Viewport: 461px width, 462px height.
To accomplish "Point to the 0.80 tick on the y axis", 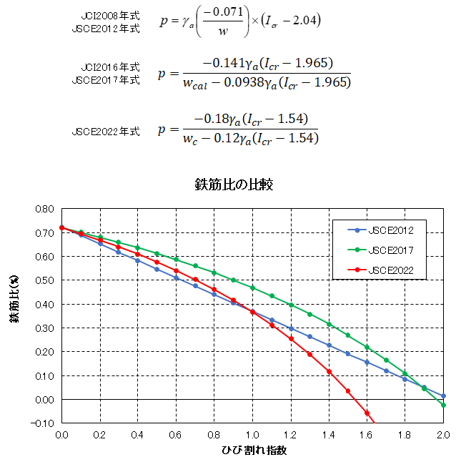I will (44, 209).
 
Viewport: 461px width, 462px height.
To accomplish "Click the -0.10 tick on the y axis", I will (44, 423).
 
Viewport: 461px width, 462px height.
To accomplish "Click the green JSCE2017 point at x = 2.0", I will (443, 405).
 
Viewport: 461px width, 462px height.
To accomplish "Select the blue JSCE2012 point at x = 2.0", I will (443, 395).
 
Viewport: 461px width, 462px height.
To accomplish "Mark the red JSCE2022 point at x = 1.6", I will (367, 413).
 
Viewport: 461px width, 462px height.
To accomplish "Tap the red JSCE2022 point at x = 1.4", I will (329, 371).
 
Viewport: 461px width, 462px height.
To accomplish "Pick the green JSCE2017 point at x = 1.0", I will (252, 287).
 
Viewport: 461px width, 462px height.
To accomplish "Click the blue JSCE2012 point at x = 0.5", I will (157, 269).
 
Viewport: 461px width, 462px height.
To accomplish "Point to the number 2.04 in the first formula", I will (305, 21).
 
